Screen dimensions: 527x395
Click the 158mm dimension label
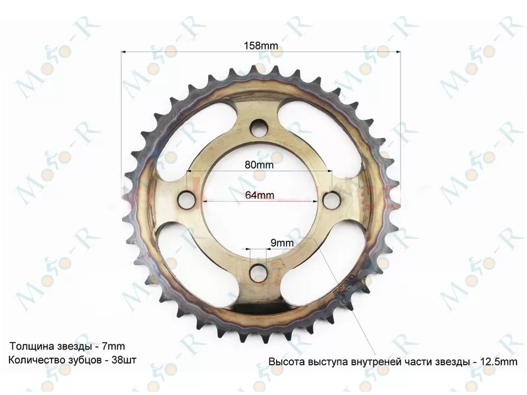click(261, 45)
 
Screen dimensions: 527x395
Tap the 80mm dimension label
click(259, 165)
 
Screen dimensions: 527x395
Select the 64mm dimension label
click(260, 195)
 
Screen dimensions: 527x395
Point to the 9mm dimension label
click(282, 242)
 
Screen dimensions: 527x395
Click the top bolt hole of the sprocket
click(259, 128)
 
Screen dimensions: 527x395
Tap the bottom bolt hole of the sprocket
click(259, 273)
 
